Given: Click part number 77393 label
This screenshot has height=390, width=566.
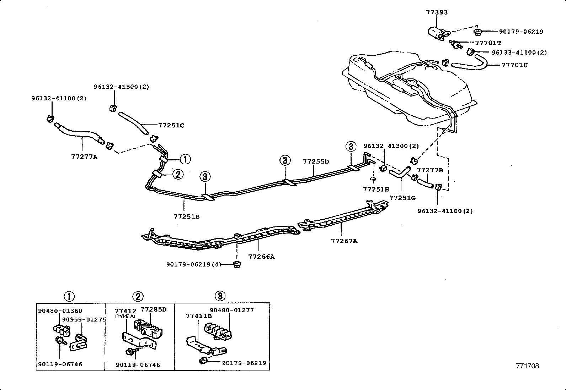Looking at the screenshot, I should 437,12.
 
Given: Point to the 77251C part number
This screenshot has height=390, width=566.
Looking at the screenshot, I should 171,125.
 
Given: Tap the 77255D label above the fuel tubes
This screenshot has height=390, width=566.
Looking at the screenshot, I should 316,161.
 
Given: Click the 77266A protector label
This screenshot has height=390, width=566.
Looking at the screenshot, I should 261,256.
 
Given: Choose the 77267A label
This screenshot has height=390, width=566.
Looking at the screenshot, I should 344,241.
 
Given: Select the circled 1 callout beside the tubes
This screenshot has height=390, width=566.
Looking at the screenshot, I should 185,159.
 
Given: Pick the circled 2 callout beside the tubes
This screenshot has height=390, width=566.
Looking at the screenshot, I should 178,174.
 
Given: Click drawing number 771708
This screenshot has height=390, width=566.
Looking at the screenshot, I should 528,366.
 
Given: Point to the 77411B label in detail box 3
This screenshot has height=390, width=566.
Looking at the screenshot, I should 199,316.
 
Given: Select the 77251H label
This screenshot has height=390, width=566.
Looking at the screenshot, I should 376,189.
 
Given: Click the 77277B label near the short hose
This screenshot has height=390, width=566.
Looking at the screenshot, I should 430,170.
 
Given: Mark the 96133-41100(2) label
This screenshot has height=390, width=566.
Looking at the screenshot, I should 519,53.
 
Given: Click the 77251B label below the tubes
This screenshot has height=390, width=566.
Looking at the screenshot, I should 186,216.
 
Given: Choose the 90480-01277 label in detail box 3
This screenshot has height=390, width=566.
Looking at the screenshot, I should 231,310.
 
